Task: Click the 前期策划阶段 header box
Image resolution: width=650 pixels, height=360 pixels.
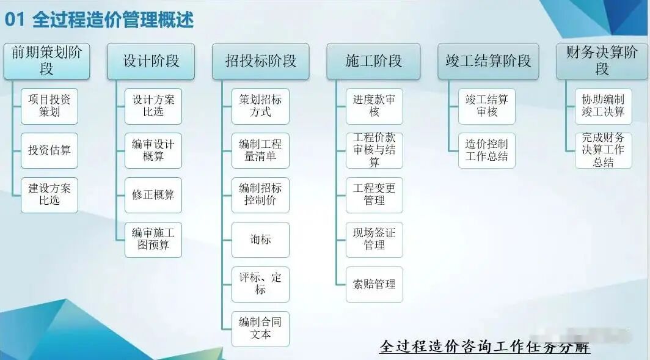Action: point(46,61)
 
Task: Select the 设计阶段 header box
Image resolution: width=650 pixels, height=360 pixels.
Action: point(151,61)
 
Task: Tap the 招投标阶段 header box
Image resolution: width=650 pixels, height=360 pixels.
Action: point(260,61)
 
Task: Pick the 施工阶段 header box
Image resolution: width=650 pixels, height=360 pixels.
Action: point(373,61)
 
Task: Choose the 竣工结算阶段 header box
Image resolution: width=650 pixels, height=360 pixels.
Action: point(488,61)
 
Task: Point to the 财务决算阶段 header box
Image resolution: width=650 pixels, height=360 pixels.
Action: point(602,61)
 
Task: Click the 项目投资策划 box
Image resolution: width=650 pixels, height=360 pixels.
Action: point(49,106)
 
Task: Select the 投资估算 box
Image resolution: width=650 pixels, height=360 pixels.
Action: point(49,150)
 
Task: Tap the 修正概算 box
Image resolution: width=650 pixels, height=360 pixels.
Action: point(153,195)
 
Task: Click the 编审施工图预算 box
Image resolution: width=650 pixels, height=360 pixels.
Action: point(153,239)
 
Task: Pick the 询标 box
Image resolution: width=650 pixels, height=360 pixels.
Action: point(260,240)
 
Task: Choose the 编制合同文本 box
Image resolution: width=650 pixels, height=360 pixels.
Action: point(260,329)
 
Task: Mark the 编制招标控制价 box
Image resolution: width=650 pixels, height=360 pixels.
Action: point(260,194)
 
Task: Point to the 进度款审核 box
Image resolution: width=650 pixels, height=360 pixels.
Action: point(374,106)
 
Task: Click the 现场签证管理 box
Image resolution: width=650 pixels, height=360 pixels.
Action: point(374,239)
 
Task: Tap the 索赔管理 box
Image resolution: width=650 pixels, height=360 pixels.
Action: point(374,284)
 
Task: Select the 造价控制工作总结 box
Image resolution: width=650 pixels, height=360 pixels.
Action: point(487,150)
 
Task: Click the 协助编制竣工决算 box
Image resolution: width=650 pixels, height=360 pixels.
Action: point(603,106)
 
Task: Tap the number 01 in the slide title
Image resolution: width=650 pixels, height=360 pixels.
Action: point(15,20)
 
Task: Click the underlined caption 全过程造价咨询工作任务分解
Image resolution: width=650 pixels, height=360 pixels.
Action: point(484,347)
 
